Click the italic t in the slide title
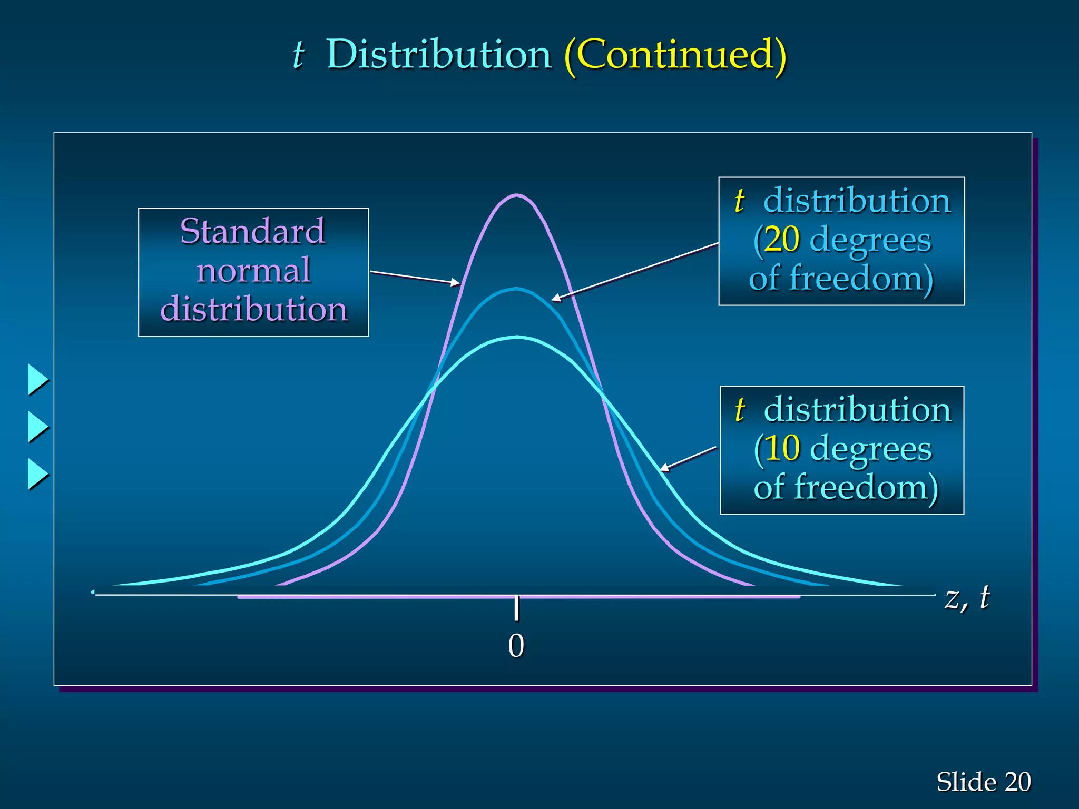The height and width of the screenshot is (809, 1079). coord(298,55)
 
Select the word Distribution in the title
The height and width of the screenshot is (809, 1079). coord(438,55)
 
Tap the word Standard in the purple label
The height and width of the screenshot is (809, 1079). coord(253,231)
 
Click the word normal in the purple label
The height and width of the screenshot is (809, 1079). coord(253,271)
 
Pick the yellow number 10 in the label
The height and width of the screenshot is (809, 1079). coord(782,448)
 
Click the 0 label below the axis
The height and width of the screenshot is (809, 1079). coord(516,646)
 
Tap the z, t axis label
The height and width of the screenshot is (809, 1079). coord(967,598)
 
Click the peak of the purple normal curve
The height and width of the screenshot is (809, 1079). coord(517,195)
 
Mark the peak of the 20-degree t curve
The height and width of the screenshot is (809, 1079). coord(517,289)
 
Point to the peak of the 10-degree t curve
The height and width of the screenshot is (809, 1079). coord(517,337)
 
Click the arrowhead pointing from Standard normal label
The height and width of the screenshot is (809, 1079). coord(456,283)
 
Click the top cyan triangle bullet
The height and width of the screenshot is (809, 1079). coord(37,379)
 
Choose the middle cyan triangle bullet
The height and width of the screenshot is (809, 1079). coord(37,427)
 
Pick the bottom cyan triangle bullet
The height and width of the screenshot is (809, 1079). coord(37,474)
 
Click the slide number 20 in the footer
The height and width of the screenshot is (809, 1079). coord(1017,782)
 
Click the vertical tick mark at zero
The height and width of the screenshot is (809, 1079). coord(517,608)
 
